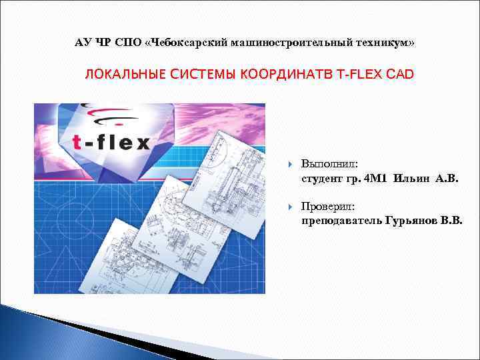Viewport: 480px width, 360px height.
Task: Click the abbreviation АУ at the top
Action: [x=83, y=43]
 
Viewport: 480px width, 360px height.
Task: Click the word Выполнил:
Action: [x=329, y=163]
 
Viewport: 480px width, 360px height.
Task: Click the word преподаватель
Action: [x=341, y=221]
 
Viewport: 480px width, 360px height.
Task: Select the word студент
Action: [x=321, y=178]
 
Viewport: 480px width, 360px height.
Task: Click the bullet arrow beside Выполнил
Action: [x=287, y=164]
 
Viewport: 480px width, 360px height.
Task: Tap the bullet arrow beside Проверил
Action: [x=287, y=207]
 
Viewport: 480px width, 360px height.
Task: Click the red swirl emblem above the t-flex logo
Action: [x=110, y=115]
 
